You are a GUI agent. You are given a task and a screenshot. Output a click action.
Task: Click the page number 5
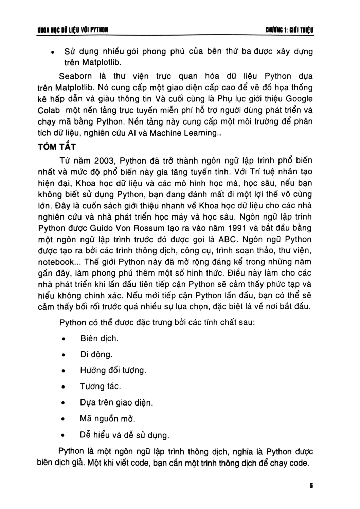pos(311,485)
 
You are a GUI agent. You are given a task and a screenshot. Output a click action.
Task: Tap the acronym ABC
pos(227,239)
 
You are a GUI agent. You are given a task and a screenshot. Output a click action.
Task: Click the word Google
pos(299,99)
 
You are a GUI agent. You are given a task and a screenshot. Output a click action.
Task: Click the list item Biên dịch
pos(99,338)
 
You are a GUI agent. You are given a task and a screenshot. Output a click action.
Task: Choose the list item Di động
pos(96,354)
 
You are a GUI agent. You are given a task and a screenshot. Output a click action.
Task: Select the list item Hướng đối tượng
pos(113,370)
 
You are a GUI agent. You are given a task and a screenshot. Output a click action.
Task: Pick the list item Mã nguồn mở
pos(107,419)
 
